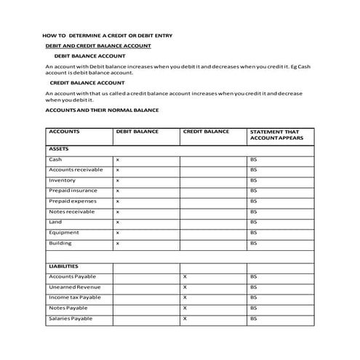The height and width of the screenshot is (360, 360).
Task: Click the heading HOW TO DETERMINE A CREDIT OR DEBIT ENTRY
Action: pos(112,35)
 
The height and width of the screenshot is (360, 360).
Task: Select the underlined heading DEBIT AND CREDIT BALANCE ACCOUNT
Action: pos(98,45)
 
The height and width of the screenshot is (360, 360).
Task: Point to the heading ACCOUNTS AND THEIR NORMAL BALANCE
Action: pos(102,109)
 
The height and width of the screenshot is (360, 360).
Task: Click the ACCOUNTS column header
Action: pos(64,132)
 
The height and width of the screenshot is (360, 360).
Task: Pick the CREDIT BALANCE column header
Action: pos(205,132)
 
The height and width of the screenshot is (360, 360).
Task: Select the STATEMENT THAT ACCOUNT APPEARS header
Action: pos(274,135)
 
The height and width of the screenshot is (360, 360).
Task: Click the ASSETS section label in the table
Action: pos(58,148)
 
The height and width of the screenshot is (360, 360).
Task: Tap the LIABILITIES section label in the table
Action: pos(63,266)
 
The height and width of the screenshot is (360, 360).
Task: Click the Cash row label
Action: pos(55,159)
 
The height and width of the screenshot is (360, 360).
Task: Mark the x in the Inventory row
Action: pos(118,180)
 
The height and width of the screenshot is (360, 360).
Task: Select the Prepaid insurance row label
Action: pos(73,191)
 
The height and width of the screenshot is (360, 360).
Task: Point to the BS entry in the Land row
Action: pos(254,222)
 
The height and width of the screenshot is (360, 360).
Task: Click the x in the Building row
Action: pos(118,243)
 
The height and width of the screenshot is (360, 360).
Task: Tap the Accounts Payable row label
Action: pos(72,276)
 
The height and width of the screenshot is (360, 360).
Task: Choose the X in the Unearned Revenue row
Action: pos(185,287)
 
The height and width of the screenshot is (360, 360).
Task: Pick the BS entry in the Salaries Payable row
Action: pos(254,319)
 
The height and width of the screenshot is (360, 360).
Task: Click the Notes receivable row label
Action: pos(71,212)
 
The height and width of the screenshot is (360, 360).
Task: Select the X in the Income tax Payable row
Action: pos(185,297)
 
